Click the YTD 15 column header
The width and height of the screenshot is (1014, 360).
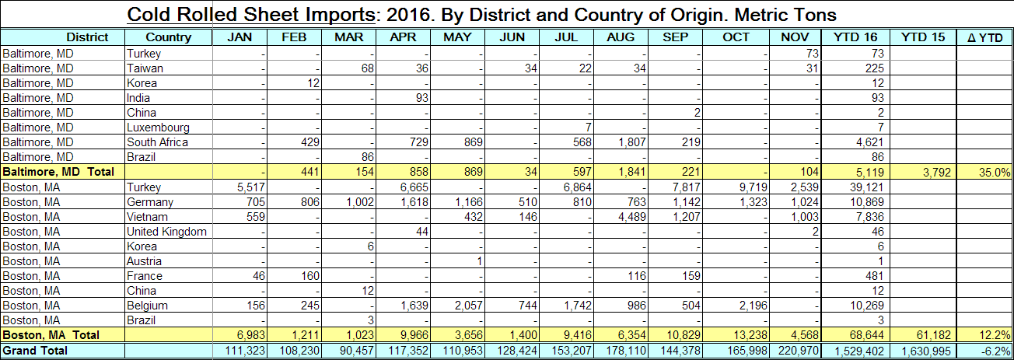921,37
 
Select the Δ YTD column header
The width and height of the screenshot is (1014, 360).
984,37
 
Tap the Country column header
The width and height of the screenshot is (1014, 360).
169,37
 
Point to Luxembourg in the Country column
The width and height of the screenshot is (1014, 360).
158,128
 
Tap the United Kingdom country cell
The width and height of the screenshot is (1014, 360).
167,232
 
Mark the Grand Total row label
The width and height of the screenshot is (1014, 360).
35,351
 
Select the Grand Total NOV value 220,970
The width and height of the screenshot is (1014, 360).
797,351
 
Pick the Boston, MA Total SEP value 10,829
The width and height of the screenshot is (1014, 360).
679,335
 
